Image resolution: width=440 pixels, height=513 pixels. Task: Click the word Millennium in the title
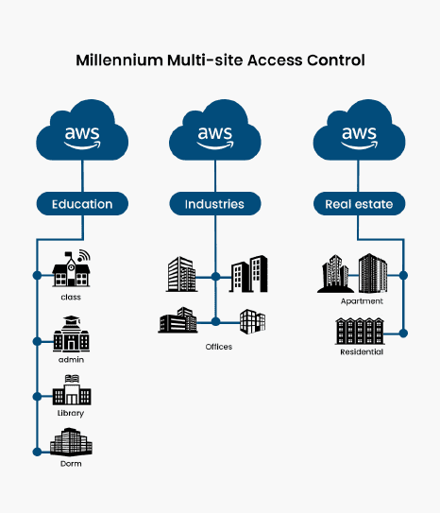[x=119, y=60]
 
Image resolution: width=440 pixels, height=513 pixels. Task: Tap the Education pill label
[x=82, y=204]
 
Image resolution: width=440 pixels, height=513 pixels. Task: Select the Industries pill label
[x=214, y=204]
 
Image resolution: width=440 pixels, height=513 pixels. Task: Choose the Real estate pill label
[x=359, y=204]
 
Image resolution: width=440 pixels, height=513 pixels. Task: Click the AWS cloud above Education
[x=82, y=131]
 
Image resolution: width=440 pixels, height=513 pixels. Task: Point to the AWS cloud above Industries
[x=214, y=131]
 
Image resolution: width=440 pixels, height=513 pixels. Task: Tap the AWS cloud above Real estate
[x=359, y=131]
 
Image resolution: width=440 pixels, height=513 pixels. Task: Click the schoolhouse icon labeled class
[x=71, y=269]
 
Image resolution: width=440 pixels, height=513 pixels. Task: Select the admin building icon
[x=71, y=333]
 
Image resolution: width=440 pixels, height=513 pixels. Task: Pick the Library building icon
[x=72, y=390]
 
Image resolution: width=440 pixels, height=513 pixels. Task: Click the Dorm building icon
[x=71, y=441]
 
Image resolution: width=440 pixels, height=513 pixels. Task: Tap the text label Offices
[x=219, y=347]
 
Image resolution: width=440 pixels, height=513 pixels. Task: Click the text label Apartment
[x=362, y=301]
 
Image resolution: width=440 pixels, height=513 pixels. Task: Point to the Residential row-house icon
[x=360, y=331]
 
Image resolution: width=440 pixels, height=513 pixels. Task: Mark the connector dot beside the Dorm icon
[x=37, y=452]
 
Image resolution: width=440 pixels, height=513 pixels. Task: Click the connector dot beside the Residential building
[x=403, y=333]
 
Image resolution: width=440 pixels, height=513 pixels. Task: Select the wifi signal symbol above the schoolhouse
[x=84, y=255]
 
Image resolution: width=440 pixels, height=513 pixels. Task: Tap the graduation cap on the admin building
[x=72, y=319]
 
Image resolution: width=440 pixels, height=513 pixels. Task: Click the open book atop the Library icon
[x=72, y=379]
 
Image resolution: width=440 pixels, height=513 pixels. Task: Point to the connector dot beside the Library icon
[x=37, y=397]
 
